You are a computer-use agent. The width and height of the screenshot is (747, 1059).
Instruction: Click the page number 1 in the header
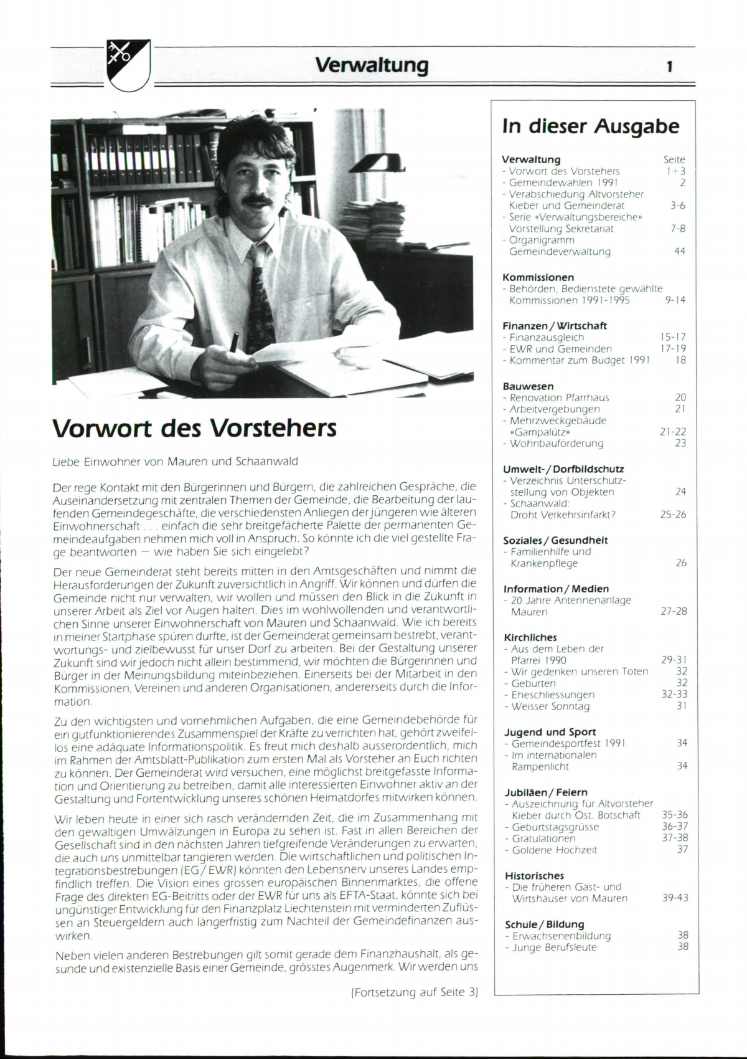pos(669,67)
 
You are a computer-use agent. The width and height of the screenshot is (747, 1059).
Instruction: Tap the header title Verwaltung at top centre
pos(372,65)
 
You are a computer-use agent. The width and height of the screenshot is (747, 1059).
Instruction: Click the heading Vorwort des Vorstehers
pos(194,429)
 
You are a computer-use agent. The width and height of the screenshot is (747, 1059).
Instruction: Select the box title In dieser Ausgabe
pos(591,126)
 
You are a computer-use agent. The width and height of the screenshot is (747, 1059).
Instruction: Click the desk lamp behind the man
pos(378,163)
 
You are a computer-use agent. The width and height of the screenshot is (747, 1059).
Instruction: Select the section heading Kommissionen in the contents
pos(538,277)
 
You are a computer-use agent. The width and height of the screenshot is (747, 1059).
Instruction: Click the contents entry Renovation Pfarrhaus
pos(559,397)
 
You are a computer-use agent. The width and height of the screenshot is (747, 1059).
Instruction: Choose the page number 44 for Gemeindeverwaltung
pos(680,252)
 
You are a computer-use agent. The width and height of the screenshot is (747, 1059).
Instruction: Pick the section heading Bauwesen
pos(528,386)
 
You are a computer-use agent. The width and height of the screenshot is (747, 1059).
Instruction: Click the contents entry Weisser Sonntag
pos(550,706)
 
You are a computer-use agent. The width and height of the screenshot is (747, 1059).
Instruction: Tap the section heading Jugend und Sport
pos(550,732)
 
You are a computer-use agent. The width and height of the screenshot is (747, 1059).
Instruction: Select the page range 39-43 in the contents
pos(675,898)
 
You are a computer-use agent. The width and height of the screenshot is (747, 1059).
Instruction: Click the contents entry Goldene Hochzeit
pos(554,850)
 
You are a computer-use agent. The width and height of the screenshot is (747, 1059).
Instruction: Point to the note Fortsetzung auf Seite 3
pos(415,992)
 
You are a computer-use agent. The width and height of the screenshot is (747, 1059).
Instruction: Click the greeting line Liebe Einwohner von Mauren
pos(176,462)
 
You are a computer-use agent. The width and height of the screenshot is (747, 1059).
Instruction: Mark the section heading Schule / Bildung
pos(544,924)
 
